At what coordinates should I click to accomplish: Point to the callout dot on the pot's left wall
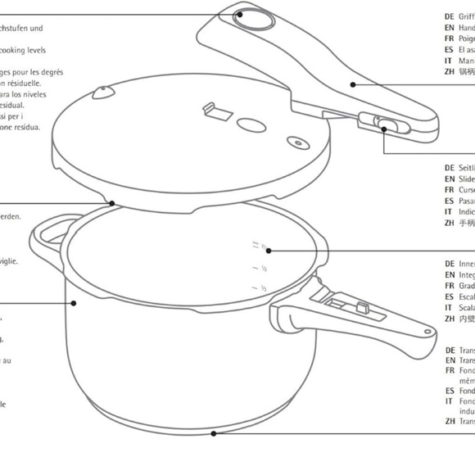[74, 302]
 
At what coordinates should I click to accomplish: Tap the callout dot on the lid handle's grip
[353, 83]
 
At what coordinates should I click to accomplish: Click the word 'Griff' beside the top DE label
[467, 16]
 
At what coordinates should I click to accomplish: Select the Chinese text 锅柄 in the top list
[467, 72]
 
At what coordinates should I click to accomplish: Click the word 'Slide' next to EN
[467, 179]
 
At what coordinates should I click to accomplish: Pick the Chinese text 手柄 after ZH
[467, 222]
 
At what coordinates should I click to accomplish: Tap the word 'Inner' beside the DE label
[467, 264]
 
